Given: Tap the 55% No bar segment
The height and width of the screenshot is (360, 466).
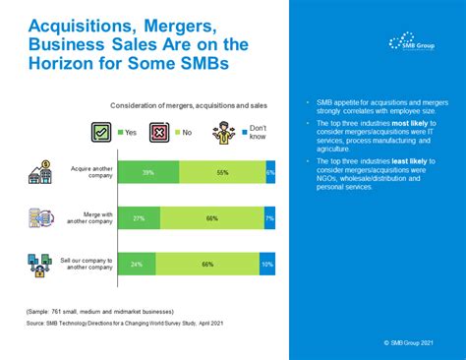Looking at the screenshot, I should pyautogui.click(x=222, y=171).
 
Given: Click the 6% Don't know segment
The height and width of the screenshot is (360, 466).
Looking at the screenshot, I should pyautogui.click(x=270, y=171).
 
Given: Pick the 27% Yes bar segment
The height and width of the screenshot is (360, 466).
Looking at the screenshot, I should pyautogui.click(x=140, y=216).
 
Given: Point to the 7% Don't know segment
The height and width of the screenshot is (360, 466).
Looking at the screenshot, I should pyautogui.click(x=269, y=216).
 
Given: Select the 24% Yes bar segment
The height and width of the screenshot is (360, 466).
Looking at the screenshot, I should pyautogui.click(x=138, y=263).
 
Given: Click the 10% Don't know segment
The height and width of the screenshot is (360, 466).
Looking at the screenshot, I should pyautogui.click(x=267, y=263).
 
